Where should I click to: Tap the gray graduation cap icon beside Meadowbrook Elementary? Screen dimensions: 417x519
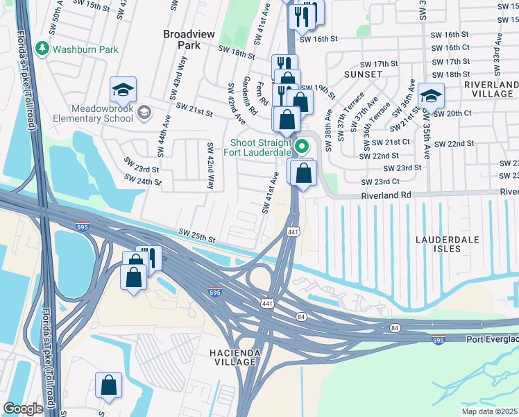(x=144, y=113)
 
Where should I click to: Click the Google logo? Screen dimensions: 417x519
(x=23, y=409)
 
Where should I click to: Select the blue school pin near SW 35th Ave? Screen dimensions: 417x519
(x=431, y=96)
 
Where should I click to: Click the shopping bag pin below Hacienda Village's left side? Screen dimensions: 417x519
(x=109, y=386)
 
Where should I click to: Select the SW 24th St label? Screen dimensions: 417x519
(x=143, y=181)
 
